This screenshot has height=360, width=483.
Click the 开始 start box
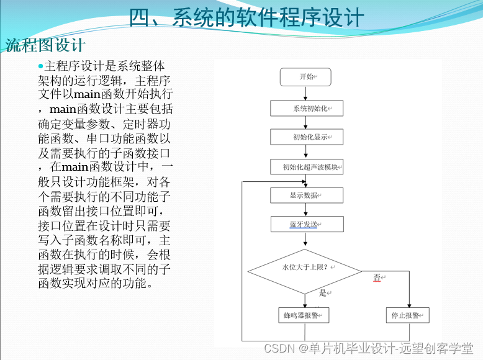click(306, 77)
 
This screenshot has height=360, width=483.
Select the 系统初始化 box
click(307, 109)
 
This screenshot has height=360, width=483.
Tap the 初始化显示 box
click(307, 137)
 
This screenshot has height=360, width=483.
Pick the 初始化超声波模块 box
click(307, 167)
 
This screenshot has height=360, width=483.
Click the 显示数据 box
click(307, 195)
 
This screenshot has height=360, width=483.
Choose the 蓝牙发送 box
click(307, 224)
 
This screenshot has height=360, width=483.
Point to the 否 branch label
click(377, 278)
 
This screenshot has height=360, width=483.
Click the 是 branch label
click(322, 292)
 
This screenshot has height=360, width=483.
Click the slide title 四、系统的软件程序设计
click(246, 17)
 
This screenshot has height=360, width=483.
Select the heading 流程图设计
click(45, 45)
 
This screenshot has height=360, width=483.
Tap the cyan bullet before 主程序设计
click(41, 66)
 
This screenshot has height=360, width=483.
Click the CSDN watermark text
click(369, 348)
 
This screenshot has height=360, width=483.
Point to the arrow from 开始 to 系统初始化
click(306, 93)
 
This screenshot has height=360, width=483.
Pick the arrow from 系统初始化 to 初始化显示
click(306, 123)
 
